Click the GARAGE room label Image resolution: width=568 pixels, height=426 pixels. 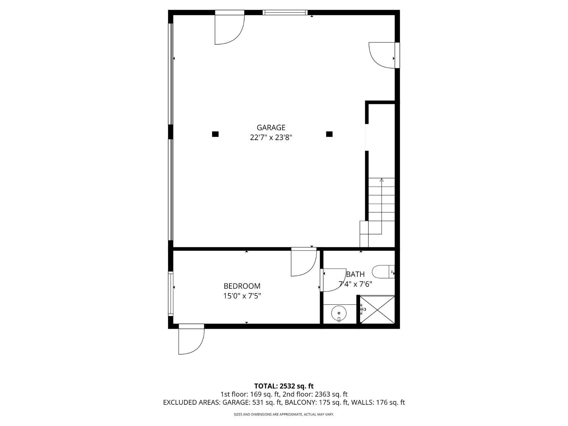(x=271, y=128)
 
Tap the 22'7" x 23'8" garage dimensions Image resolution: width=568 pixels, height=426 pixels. (x=271, y=137)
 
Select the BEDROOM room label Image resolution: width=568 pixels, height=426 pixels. (x=242, y=286)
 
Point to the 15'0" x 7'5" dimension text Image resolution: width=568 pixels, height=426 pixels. (x=242, y=296)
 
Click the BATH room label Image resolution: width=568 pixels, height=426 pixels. (x=355, y=274)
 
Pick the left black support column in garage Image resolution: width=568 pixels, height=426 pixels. (x=215, y=134)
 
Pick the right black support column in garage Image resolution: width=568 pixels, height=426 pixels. (x=329, y=134)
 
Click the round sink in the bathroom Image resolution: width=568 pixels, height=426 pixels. (x=339, y=314)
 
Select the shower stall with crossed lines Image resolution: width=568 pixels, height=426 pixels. (x=377, y=310)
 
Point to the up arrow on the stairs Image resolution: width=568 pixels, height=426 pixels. (x=382, y=181)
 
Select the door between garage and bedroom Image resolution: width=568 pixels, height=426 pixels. (x=303, y=262)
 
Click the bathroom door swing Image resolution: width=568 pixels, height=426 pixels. (x=332, y=280)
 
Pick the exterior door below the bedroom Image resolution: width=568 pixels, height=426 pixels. (x=191, y=340)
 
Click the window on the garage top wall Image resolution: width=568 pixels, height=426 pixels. (x=285, y=12)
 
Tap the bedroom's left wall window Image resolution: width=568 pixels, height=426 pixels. (x=171, y=293)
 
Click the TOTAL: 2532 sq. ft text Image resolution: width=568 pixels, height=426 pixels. (x=284, y=386)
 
